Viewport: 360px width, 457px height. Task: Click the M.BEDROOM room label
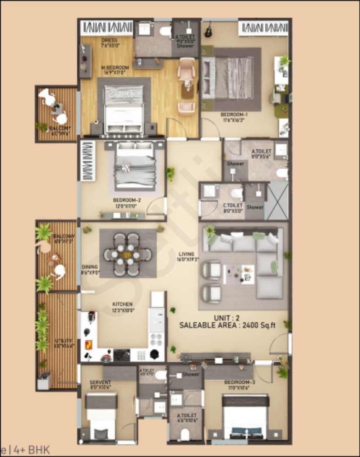(115, 68)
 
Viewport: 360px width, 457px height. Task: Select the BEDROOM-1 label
(234, 114)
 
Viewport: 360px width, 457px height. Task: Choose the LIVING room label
(186, 254)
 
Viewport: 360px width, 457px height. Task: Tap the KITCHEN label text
(122, 304)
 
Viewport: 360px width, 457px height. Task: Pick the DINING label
(91, 267)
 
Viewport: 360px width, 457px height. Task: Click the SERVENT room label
(100, 382)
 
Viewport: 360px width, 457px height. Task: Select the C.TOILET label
(232, 205)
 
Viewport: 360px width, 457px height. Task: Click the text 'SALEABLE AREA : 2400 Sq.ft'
(227, 325)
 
